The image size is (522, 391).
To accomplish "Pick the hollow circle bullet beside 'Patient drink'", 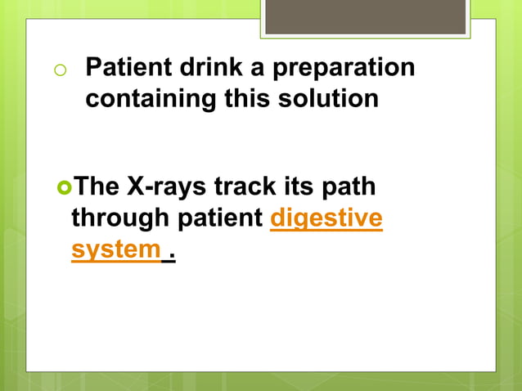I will pyautogui.click(x=59, y=70).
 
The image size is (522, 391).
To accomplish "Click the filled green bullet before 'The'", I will pyautogui.click(x=64, y=187).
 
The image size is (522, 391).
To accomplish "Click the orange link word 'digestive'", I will pyautogui.click(x=326, y=218).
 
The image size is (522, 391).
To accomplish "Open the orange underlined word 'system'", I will pyautogui.click(x=115, y=249).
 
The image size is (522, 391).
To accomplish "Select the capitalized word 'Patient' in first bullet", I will pyautogui.click(x=124, y=67).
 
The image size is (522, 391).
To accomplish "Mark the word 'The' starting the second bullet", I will pyautogui.click(x=97, y=187).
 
